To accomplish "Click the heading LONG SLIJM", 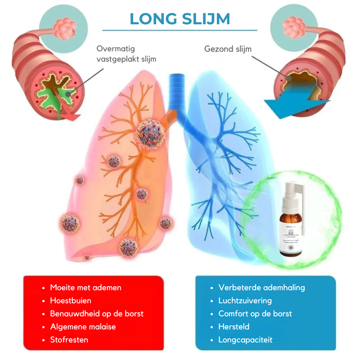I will point(180,18).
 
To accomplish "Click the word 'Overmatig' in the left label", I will point(116,49).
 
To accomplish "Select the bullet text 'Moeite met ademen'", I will point(85,288).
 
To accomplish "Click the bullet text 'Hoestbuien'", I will point(71,301).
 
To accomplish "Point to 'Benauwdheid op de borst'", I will point(97,314).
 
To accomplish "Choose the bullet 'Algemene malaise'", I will point(82,327).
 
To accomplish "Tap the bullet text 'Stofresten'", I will point(69,340).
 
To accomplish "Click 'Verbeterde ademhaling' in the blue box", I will point(261,288).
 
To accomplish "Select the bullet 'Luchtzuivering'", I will point(245,301).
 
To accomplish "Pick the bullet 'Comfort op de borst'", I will point(255,314).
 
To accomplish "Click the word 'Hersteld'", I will point(234,327).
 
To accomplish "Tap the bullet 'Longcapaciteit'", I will point(245,340).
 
